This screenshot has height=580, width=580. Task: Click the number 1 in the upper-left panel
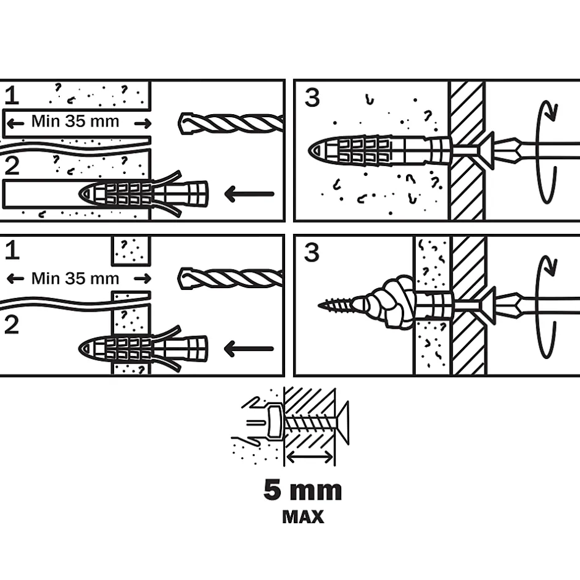click(12, 96)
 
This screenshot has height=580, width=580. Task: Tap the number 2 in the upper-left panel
click(12, 167)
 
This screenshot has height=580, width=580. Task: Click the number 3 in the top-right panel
click(313, 97)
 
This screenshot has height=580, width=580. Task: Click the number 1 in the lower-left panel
click(12, 251)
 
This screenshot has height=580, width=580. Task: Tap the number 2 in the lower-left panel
click(12, 325)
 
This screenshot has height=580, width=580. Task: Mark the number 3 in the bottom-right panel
click(313, 252)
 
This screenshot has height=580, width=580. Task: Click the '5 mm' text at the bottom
click(302, 491)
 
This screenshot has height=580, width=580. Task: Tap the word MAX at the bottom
click(303, 516)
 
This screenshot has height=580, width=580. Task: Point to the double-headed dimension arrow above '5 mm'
click(310, 457)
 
